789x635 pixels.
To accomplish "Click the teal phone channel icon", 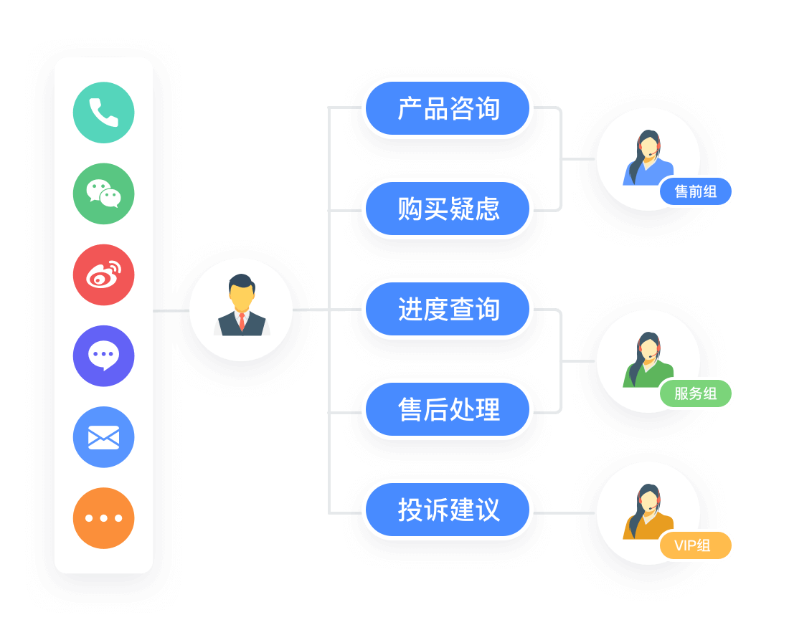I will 104,113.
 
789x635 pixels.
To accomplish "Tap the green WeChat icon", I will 104,194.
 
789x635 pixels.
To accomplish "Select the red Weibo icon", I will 104,274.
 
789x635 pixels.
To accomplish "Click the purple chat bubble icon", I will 104,355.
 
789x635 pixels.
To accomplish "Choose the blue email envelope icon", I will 104,436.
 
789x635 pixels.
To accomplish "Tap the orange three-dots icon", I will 104,517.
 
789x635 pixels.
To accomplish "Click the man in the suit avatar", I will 242,308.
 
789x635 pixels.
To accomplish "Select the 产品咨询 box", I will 448,108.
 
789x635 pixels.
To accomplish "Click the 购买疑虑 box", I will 448,209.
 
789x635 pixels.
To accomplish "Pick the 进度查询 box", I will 448,309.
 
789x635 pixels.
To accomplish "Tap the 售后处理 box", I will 448,409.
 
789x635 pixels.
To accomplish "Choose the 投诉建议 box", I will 448,510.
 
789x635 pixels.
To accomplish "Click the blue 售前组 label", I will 696,191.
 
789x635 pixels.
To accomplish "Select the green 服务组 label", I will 696,393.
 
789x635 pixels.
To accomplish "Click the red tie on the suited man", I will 242,322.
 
